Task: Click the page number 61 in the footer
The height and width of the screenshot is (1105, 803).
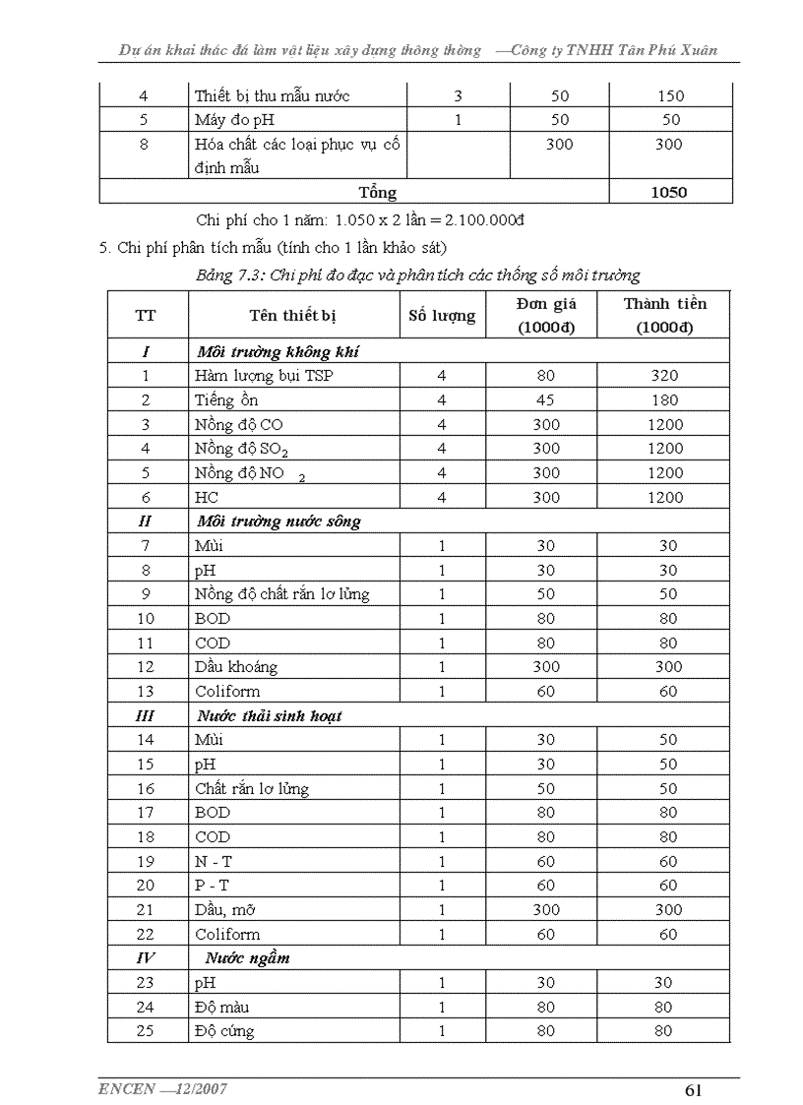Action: click(x=692, y=1089)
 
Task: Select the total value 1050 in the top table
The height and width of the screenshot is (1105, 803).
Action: click(x=669, y=192)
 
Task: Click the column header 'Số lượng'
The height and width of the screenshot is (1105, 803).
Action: click(x=442, y=316)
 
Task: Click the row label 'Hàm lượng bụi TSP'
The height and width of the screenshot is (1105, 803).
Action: click(x=264, y=375)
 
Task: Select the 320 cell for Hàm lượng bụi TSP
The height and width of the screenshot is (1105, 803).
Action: click(x=664, y=375)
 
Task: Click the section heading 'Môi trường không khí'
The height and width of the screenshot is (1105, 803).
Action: click(x=283, y=351)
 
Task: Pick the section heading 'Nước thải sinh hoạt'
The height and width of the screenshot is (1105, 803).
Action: click(x=269, y=715)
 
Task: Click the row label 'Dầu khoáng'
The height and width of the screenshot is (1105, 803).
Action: click(x=236, y=666)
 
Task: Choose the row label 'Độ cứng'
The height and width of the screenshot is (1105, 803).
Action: click(x=224, y=1031)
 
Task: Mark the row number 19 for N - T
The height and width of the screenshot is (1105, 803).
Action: click(x=146, y=861)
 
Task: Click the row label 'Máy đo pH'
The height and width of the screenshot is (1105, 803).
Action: click(x=234, y=120)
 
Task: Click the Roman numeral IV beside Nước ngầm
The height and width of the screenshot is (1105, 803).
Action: click(x=146, y=957)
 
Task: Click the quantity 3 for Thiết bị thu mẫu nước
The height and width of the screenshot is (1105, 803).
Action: click(x=458, y=96)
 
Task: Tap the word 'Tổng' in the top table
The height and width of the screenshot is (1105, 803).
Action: click(x=378, y=192)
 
